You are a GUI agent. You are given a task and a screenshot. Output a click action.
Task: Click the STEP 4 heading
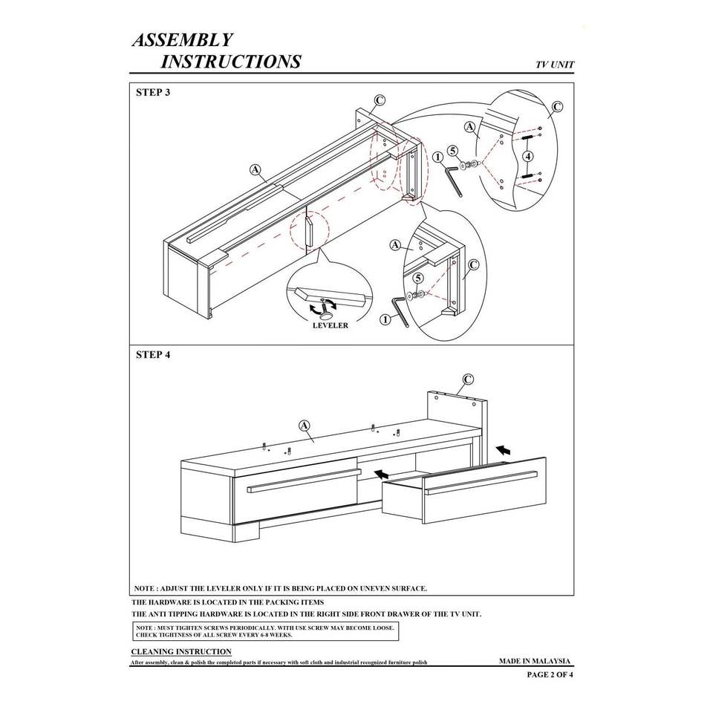(153, 355)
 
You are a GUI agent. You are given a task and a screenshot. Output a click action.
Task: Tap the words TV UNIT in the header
(555, 65)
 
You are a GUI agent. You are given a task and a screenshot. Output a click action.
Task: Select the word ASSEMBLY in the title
(183, 40)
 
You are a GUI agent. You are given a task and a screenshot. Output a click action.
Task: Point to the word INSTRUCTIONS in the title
(231, 62)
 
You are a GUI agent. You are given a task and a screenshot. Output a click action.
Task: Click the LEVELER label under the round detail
(330, 325)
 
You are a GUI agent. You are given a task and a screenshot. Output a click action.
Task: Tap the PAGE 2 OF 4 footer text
(550, 675)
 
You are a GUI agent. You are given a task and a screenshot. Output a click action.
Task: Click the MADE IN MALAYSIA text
(534, 660)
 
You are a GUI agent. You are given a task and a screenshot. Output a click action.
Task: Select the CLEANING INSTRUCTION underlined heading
(181, 651)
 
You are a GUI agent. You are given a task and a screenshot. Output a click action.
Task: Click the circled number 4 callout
(527, 156)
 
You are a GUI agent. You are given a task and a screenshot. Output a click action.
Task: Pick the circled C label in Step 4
(468, 380)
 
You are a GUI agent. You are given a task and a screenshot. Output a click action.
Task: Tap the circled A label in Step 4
(304, 426)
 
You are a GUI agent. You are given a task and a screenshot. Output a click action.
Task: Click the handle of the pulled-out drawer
(481, 482)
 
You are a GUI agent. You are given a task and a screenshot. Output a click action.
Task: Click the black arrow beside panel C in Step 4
(504, 450)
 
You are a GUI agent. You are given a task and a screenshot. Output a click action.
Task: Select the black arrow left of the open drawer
(382, 473)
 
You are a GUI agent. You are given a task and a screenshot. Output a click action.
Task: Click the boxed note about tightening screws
(265, 631)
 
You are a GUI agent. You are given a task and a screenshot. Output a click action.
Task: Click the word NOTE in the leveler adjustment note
(144, 588)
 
